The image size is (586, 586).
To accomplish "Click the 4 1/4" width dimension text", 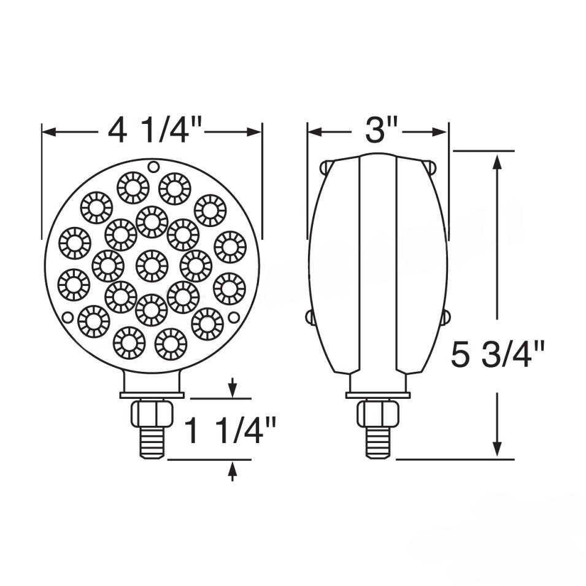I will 154,130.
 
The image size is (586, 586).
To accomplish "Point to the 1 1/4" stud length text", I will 231,431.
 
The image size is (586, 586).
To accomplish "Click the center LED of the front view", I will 152,265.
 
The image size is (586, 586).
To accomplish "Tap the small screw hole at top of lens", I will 153,166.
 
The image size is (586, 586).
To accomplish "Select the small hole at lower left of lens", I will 68,317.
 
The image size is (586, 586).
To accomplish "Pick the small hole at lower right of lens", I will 234,317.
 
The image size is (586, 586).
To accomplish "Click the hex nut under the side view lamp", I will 378,414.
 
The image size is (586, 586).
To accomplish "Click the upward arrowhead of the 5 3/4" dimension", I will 498,161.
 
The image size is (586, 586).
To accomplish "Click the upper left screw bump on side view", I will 326,166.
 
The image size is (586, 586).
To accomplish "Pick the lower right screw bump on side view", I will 445,317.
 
